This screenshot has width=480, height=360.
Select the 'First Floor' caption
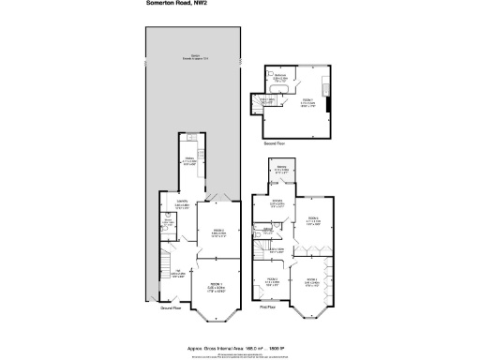pos(269,307)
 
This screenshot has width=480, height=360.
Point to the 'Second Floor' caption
pos(275,142)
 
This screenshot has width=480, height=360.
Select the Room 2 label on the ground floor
pos(217,232)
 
